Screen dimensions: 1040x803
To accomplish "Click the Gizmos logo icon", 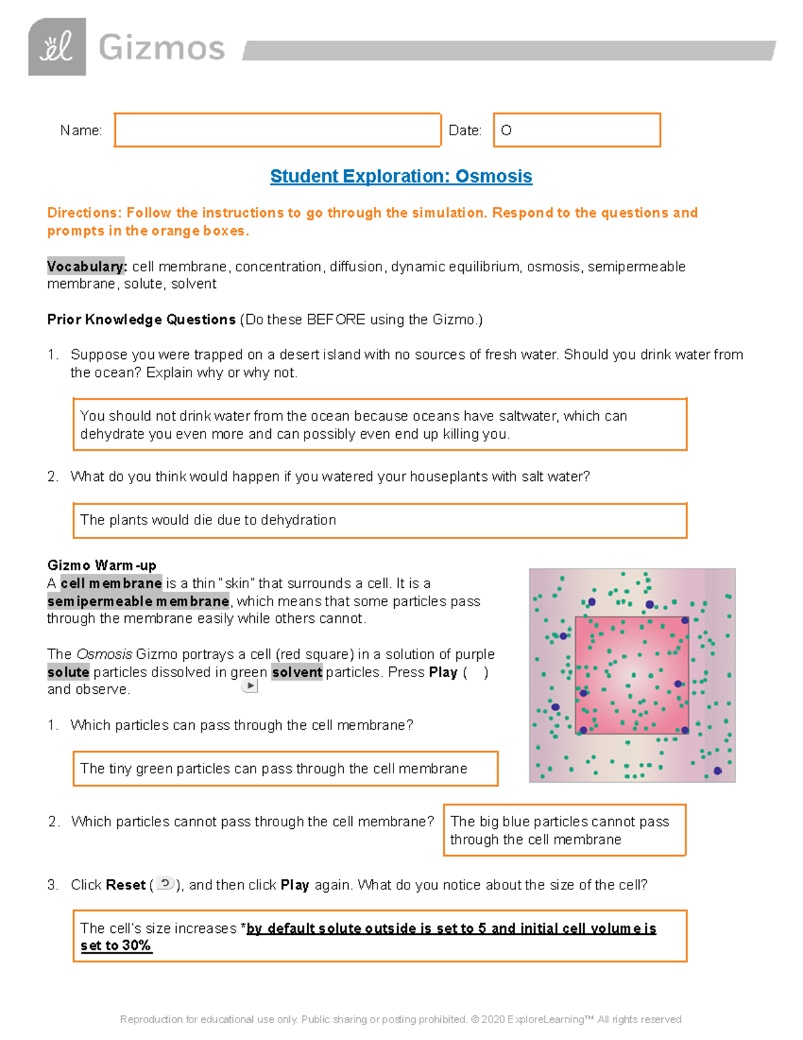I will [57, 47].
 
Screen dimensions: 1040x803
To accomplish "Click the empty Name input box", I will [277, 130].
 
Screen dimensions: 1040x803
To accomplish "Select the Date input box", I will [576, 130].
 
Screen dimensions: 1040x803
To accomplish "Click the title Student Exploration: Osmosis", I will [401, 176].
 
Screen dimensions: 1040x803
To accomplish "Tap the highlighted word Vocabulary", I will [86, 267].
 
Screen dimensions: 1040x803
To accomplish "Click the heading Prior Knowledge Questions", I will [141, 319].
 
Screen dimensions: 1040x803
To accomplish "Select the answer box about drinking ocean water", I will [379, 425].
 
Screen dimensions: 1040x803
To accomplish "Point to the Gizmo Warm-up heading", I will [102, 565].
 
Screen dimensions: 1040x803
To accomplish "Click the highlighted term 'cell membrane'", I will [111, 583].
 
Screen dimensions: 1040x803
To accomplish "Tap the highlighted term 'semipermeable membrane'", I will [138, 601].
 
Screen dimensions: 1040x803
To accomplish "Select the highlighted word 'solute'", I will [68, 672].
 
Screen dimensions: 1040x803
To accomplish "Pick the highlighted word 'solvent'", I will [297, 672].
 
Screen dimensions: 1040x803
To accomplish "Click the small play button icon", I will [250, 686].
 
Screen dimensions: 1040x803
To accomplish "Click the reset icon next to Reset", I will [165, 884].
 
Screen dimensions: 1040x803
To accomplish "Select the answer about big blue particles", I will [564, 830].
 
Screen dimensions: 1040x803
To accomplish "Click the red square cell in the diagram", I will [632, 675].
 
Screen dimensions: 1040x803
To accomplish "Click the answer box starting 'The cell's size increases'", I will [379, 936].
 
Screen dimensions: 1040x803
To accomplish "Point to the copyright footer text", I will [400, 1019].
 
